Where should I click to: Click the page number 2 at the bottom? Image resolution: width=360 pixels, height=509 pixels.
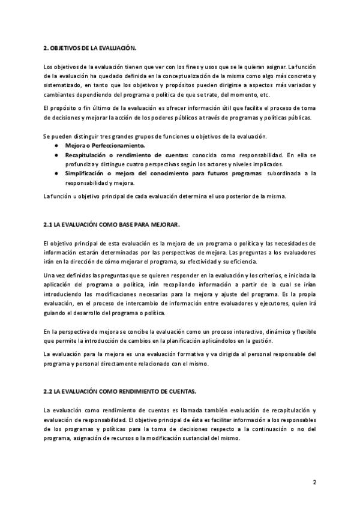(x=314, y=482)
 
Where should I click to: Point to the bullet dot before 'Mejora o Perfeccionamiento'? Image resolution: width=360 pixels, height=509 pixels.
(x=56, y=146)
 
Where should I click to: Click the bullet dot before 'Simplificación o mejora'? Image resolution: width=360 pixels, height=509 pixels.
(x=56, y=173)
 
